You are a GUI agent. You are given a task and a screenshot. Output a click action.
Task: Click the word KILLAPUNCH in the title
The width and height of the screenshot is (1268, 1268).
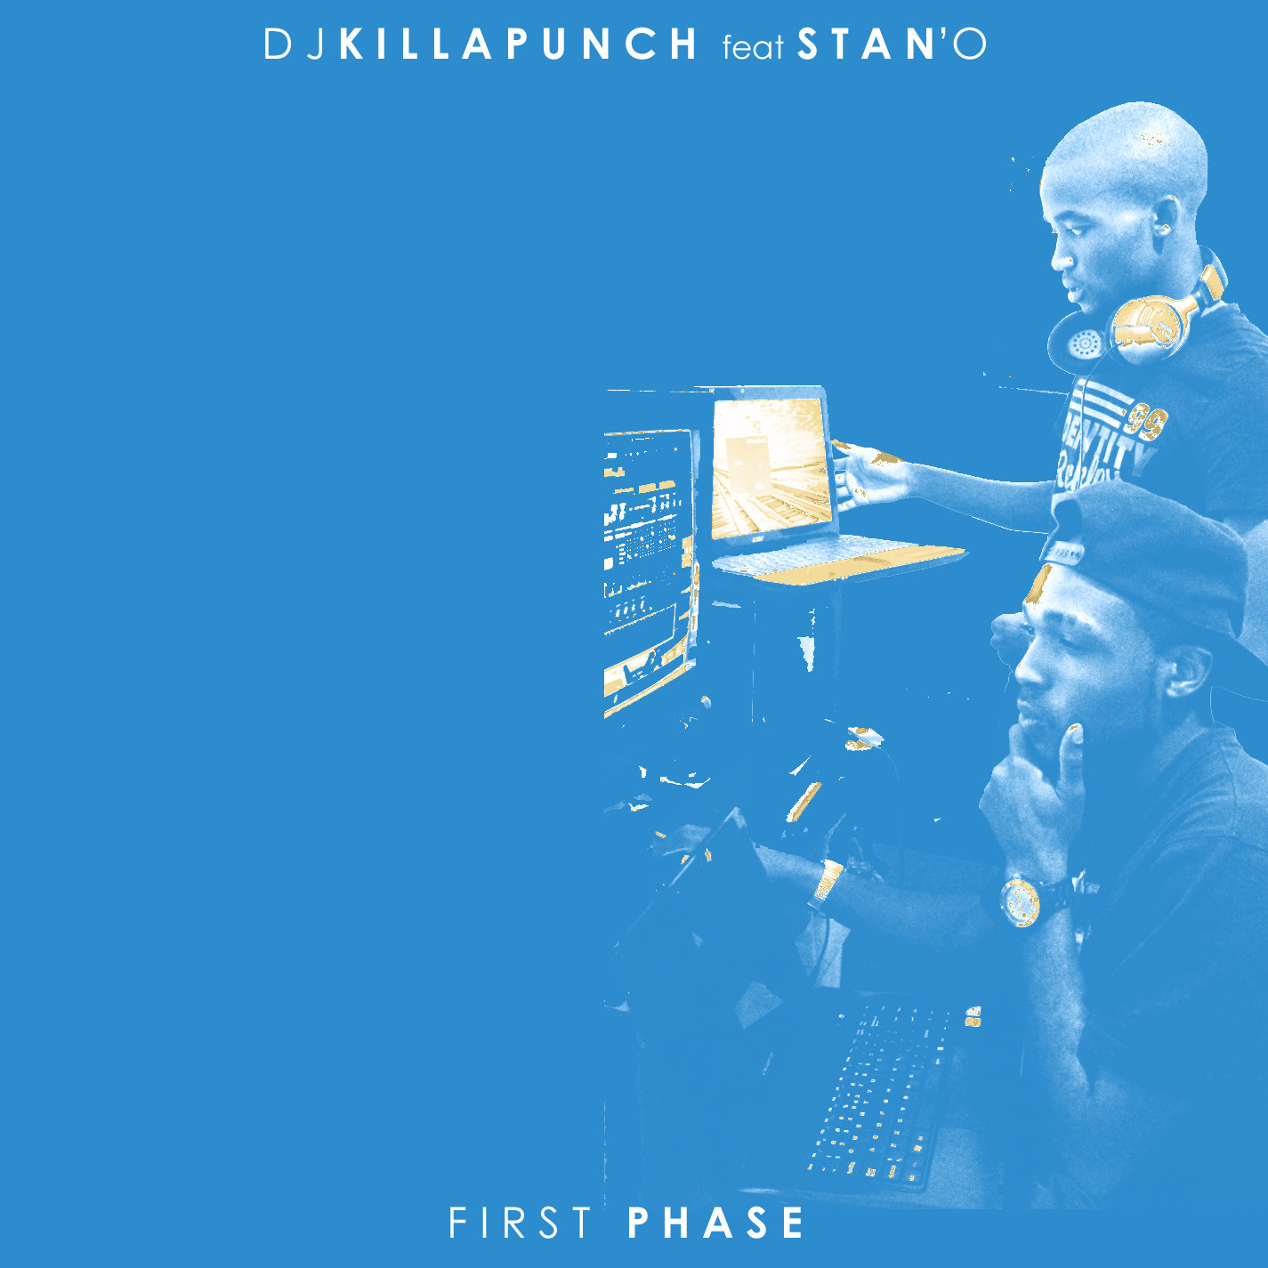(518, 44)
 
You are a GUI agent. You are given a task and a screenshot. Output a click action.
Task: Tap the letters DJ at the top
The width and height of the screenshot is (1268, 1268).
(295, 44)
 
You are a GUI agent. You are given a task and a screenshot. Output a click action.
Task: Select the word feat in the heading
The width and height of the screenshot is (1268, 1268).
(753, 47)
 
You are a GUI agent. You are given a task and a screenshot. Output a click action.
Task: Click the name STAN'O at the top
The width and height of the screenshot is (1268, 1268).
(892, 44)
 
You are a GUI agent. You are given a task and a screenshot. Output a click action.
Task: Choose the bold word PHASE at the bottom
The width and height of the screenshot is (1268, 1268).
(716, 1224)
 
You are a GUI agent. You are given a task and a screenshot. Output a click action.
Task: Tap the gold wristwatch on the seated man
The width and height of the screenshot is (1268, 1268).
(1020, 902)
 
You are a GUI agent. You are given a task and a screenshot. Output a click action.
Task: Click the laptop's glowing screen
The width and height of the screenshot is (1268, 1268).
(768, 469)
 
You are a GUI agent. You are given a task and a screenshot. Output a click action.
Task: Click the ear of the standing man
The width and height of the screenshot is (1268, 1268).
(1166, 221)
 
